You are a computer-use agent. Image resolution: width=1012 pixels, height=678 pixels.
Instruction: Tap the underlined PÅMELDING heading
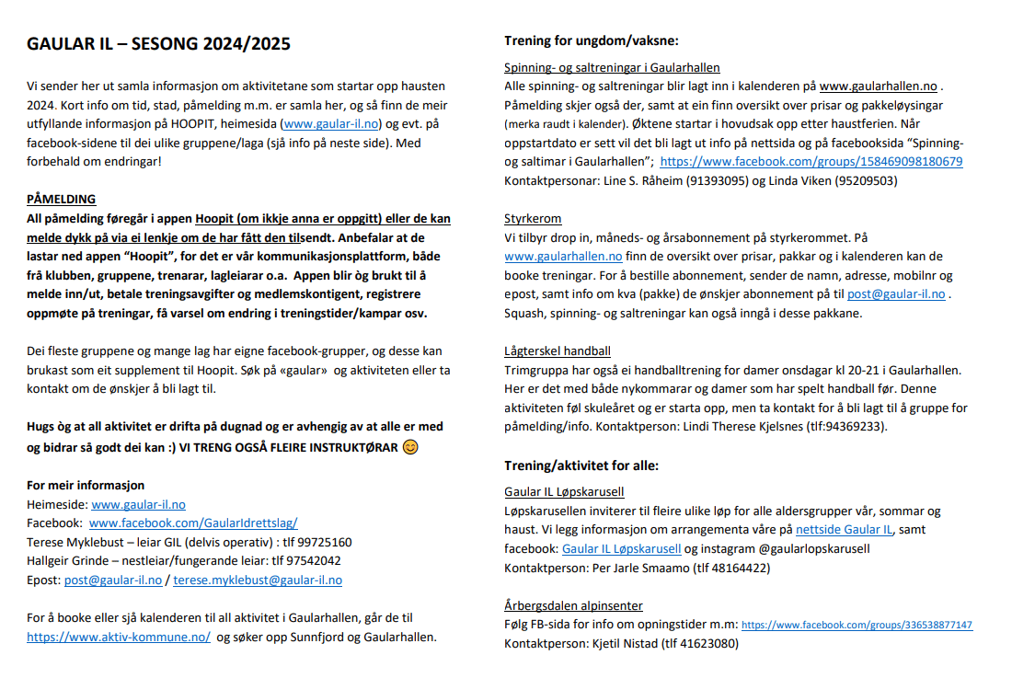tap(61, 200)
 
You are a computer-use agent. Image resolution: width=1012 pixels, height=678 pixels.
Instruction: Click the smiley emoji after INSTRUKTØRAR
tap(410, 448)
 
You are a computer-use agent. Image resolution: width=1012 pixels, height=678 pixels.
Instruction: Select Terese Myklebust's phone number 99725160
tap(322, 542)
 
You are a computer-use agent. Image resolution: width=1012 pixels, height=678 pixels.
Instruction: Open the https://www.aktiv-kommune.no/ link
tap(119, 637)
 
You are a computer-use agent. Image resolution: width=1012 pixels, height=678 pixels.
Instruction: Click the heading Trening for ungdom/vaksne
tap(592, 40)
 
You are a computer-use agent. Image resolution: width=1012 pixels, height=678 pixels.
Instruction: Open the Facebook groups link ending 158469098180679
tap(811, 161)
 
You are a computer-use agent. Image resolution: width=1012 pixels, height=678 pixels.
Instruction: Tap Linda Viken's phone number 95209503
tap(866, 180)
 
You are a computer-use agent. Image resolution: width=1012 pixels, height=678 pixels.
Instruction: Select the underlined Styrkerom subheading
tap(533, 219)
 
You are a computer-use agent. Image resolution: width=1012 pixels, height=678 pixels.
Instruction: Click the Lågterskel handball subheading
tap(558, 350)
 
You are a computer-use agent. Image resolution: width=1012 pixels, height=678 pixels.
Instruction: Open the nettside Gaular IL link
tap(844, 529)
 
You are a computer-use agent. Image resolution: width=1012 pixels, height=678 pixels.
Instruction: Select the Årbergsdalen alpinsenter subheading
tap(573, 605)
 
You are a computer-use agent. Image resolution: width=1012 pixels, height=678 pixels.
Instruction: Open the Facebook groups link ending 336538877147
tap(857, 625)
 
